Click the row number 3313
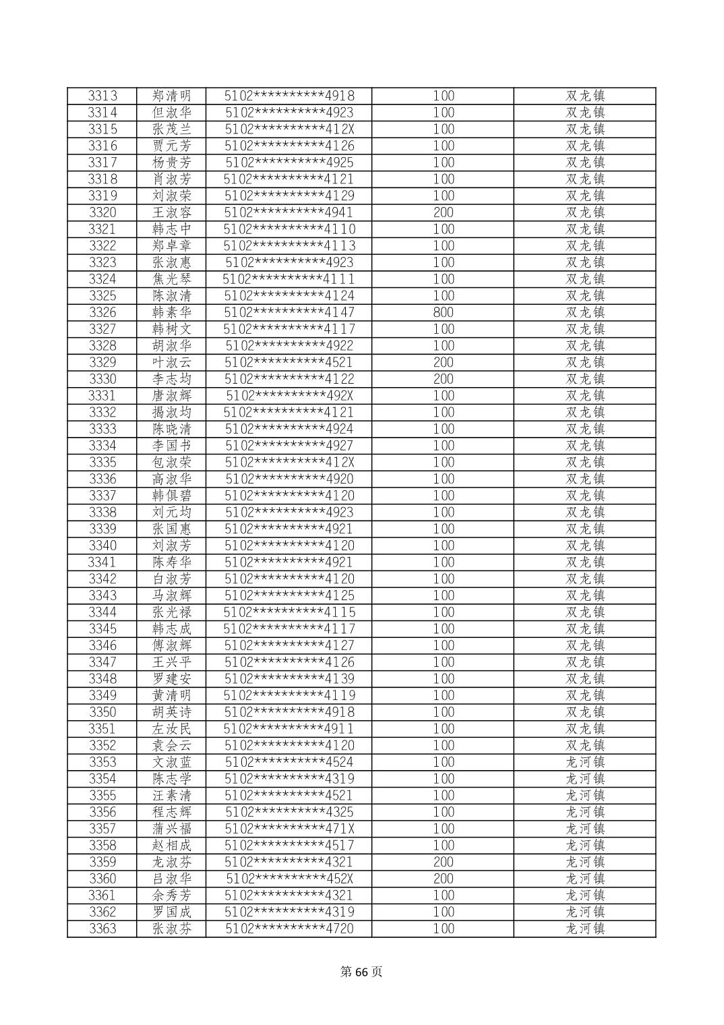[x=102, y=96]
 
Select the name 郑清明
[x=172, y=96]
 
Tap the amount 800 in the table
[x=443, y=312]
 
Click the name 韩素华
[x=172, y=312]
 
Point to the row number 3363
[x=102, y=929]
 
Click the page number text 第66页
[x=361, y=972]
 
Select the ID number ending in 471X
[x=289, y=829]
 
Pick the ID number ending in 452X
[x=289, y=879]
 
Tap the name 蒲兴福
[x=172, y=829]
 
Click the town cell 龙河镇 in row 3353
[x=585, y=762]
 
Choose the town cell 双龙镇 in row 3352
[x=585, y=745]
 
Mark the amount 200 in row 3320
[x=443, y=212]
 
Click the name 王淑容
[x=172, y=212]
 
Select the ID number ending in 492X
[x=289, y=396]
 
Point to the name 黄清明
[x=172, y=695]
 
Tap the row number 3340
[x=102, y=546]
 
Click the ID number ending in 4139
[x=289, y=679]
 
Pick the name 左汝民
[x=172, y=729]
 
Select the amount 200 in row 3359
[x=443, y=862]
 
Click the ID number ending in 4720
[x=289, y=929]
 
